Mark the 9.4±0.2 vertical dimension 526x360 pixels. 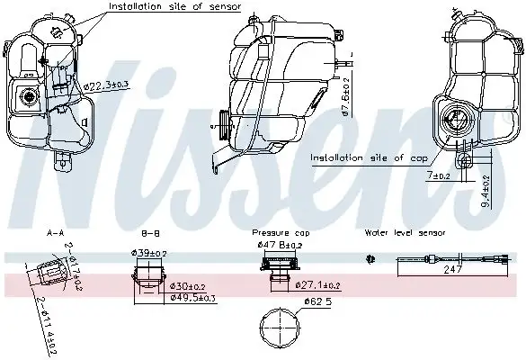click(486, 192)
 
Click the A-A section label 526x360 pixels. click(55, 232)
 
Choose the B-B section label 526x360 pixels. click(151, 232)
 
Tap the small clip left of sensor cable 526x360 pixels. click(370, 259)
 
